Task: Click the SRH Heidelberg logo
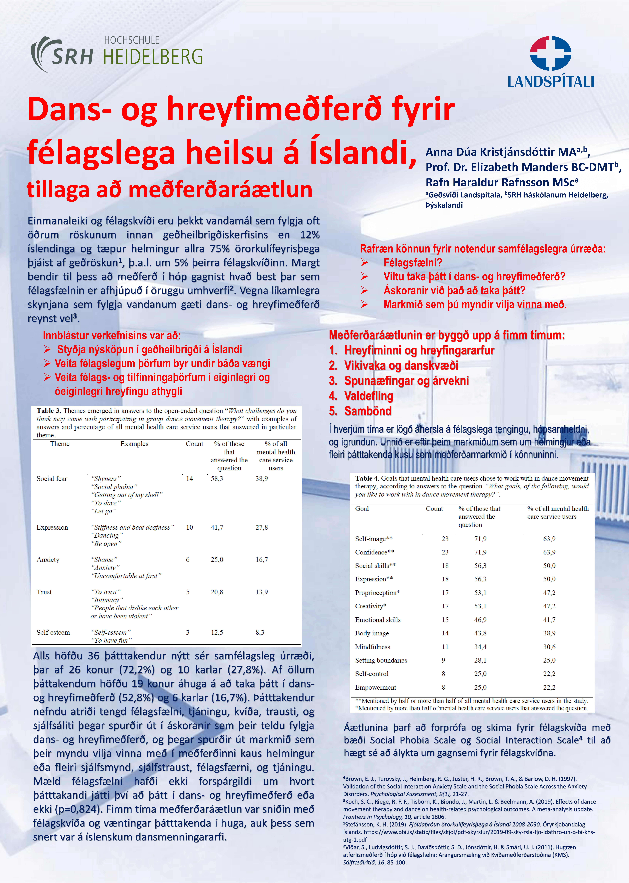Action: (116, 54)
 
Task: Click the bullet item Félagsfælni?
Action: (412, 263)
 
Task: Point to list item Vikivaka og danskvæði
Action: (401, 365)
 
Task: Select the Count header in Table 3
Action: (194, 444)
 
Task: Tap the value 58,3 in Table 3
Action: (217, 478)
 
